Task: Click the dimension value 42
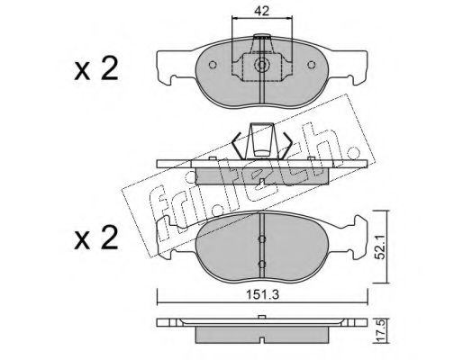[261, 11]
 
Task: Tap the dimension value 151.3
[263, 295]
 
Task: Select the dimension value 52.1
[381, 247]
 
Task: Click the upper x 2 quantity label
[96, 69]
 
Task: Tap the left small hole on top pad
[213, 65]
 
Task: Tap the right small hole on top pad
[312, 65]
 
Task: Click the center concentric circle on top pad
[262, 65]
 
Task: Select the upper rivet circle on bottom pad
[262, 238]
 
